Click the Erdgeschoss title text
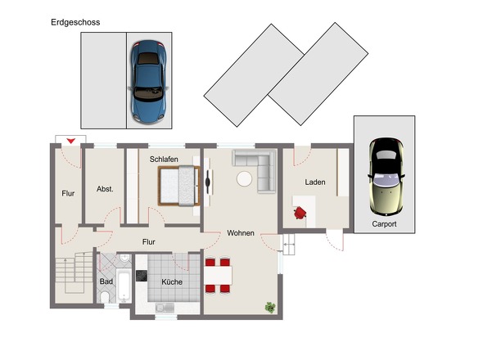tap(75, 22)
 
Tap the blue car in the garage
tap(148, 81)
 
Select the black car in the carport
tap(386, 177)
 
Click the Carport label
tap(384, 224)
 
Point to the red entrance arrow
tap(71, 141)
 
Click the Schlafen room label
tap(164, 160)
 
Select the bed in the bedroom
tap(179, 186)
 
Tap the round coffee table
tap(244, 178)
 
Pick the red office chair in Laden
tap(300, 213)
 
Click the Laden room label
tap(315, 182)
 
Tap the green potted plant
tap(270, 308)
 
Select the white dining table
tap(218, 276)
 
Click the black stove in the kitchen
tap(142, 276)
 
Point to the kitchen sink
tap(165, 308)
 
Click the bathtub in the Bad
tap(124, 286)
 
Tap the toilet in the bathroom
tap(105, 297)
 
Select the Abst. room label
tap(105, 189)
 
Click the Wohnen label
tap(241, 233)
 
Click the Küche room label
tap(172, 281)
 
